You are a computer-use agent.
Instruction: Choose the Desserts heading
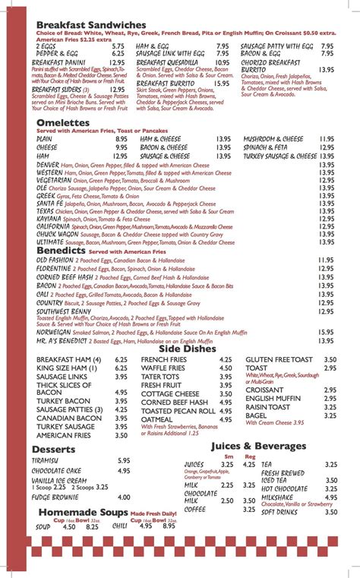pyautogui.click(x=53, y=449)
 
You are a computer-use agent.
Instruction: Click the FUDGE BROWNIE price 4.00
pyautogui.click(x=125, y=497)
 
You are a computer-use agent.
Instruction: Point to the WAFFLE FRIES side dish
pyautogui.click(x=163, y=368)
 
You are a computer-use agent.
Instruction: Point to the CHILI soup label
pyautogui.click(x=120, y=526)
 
